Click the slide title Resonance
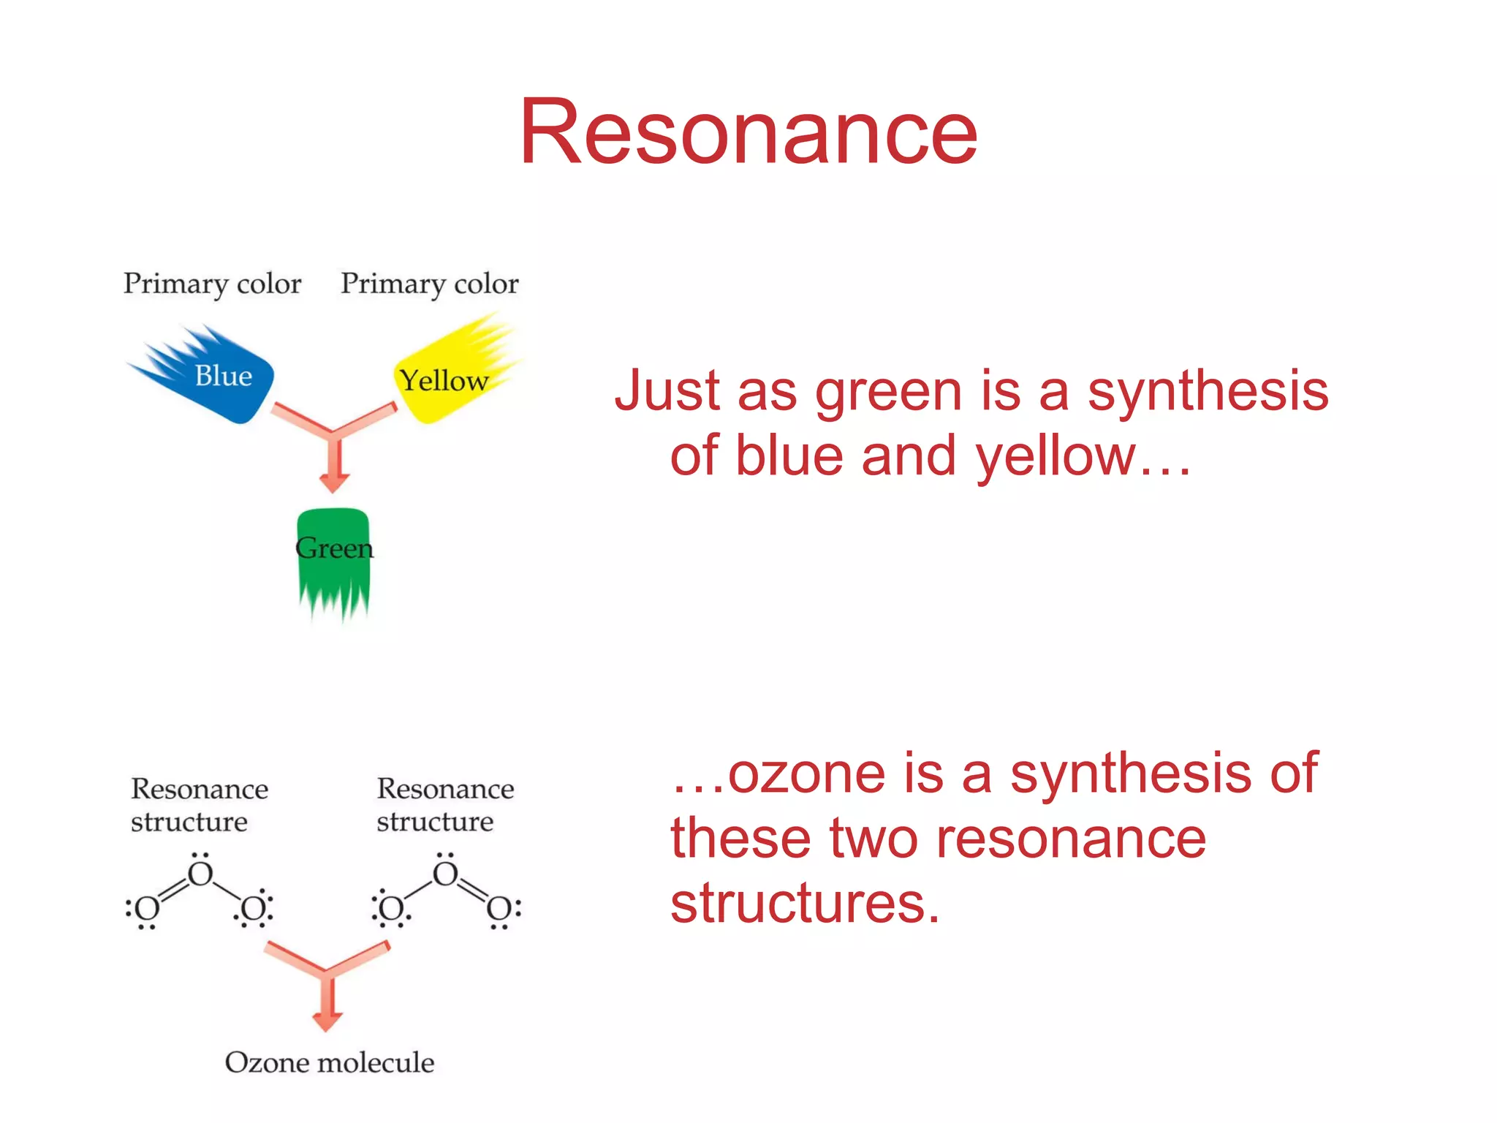click(748, 133)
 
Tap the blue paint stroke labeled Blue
click(219, 377)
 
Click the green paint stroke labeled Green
click(334, 556)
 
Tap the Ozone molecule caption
click(329, 1062)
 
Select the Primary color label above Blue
click(212, 284)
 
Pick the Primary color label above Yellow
click(430, 284)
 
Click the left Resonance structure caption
click(199, 805)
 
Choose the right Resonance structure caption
click(444, 805)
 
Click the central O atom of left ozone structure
click(200, 874)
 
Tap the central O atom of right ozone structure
click(445, 874)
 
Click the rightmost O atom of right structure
click(500, 910)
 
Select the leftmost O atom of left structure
click(147, 910)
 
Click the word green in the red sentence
click(888, 393)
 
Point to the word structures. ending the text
click(804, 904)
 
